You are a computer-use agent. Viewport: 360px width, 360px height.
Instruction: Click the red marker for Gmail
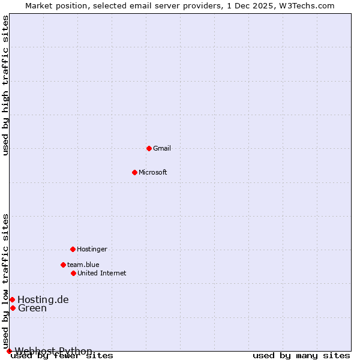[149, 148]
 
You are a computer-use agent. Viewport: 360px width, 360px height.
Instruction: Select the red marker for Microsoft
[134, 172]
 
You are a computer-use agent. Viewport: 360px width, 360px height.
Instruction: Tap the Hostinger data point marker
[73, 249]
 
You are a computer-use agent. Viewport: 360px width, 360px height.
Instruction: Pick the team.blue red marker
[63, 265]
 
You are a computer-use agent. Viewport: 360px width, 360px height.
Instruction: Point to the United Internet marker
[73, 273]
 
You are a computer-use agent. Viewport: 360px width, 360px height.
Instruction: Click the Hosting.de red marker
[12, 299]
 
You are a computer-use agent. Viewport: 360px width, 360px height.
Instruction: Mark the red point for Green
[13, 308]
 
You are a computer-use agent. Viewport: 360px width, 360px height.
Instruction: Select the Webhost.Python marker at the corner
[9, 351]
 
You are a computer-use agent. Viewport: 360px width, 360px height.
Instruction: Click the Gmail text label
[162, 148]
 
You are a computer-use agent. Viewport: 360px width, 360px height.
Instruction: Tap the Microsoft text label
[153, 172]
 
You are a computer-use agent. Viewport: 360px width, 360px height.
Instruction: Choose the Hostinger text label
[92, 249]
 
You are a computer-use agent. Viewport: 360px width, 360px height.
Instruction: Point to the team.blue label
[83, 265]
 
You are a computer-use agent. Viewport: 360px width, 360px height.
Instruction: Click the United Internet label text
[102, 273]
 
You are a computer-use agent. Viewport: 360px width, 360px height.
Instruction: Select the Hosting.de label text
[43, 299]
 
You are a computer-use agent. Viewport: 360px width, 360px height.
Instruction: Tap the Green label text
[32, 308]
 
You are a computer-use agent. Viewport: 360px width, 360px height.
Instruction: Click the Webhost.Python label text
[54, 351]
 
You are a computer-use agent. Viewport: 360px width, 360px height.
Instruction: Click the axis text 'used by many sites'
[301, 355]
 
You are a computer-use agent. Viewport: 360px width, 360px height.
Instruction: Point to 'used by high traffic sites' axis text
[5, 85]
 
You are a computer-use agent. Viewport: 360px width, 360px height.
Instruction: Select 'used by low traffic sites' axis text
[5, 281]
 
